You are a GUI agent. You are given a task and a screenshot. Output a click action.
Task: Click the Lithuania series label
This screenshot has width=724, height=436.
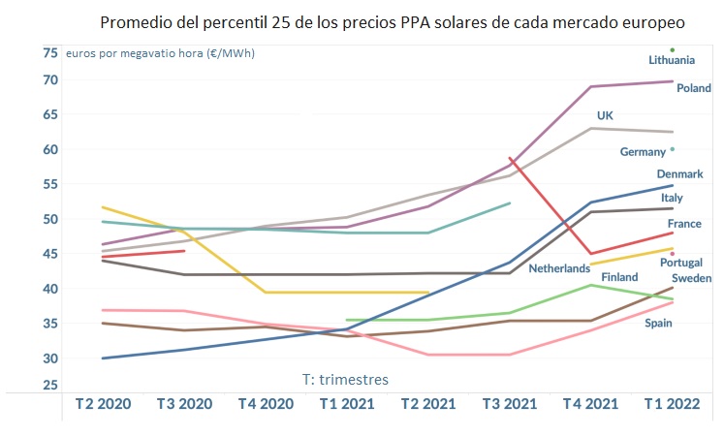(672, 60)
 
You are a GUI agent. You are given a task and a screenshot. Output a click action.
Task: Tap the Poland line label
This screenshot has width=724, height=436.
(694, 87)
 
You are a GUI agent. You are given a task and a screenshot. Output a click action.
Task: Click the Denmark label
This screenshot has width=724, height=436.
(679, 174)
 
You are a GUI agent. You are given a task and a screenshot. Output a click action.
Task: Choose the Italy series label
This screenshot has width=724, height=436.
(672, 198)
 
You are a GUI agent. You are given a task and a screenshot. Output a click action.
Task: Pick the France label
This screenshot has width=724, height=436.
(684, 224)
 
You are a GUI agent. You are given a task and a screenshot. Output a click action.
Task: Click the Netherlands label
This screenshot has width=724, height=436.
(559, 267)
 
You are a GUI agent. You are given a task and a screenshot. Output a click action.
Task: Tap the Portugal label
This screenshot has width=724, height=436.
(680, 263)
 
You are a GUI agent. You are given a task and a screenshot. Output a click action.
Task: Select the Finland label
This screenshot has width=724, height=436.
(619, 277)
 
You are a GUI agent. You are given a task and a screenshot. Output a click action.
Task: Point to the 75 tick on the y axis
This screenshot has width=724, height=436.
(49, 52)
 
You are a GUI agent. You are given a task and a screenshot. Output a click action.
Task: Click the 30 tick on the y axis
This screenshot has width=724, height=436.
(49, 358)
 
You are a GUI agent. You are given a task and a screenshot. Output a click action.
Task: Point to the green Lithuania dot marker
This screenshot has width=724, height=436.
(672, 49)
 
